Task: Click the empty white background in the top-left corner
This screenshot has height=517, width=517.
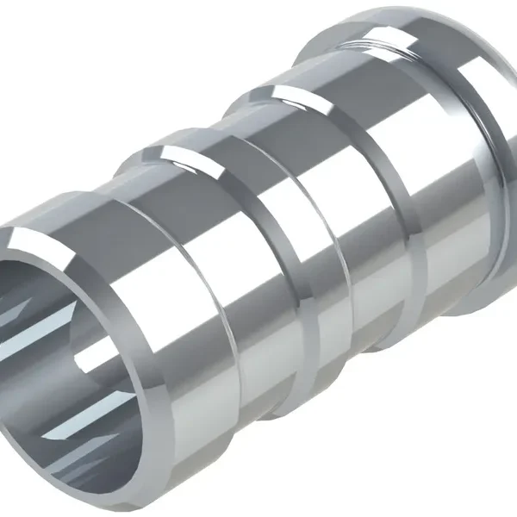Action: coord(52,52)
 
